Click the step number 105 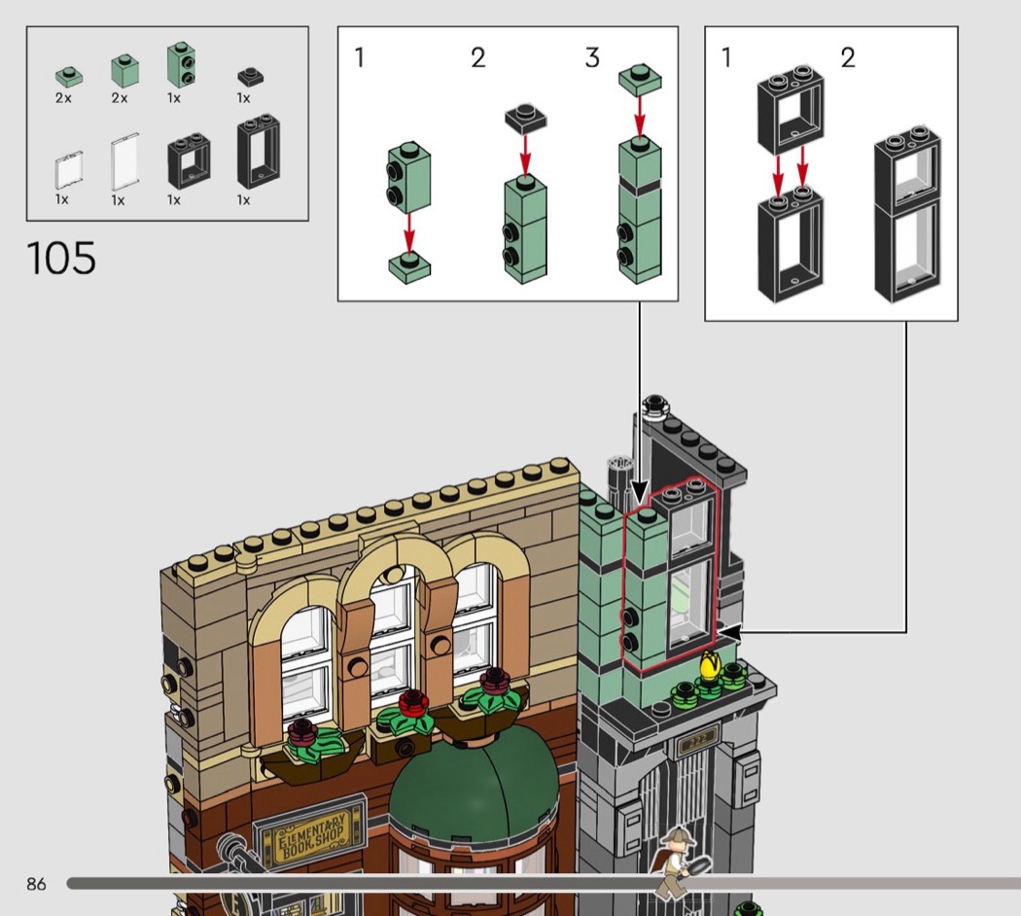pos(61,258)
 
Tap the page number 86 pos(37,884)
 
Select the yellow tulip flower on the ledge pos(711,665)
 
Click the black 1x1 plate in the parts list pos(250,77)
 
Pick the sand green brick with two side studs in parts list pos(182,65)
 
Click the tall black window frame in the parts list pos(260,154)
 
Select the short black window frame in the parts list pos(189,160)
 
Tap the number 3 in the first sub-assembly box pos(592,58)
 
